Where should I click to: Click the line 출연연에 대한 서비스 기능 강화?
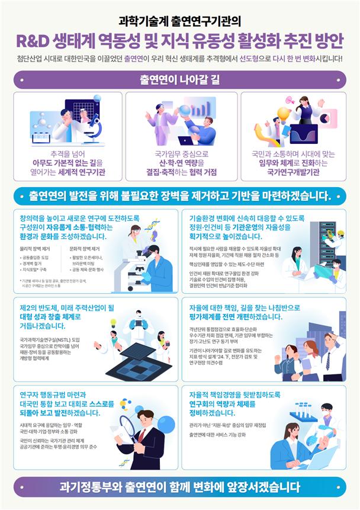point(233,434)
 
